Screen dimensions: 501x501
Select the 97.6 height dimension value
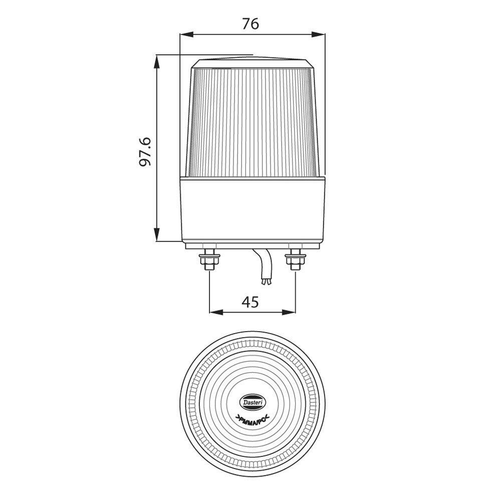point(145,151)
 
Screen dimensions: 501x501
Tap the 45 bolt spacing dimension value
point(250,302)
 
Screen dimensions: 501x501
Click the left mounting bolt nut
point(209,260)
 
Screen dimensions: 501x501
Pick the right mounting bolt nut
point(295,260)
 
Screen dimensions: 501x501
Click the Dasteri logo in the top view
point(255,402)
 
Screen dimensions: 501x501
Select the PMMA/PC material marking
point(253,418)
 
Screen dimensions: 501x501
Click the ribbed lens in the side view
point(253,123)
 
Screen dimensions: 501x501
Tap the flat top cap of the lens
point(253,63)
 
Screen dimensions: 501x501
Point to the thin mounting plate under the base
point(253,246)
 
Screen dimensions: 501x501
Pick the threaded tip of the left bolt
point(209,268)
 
